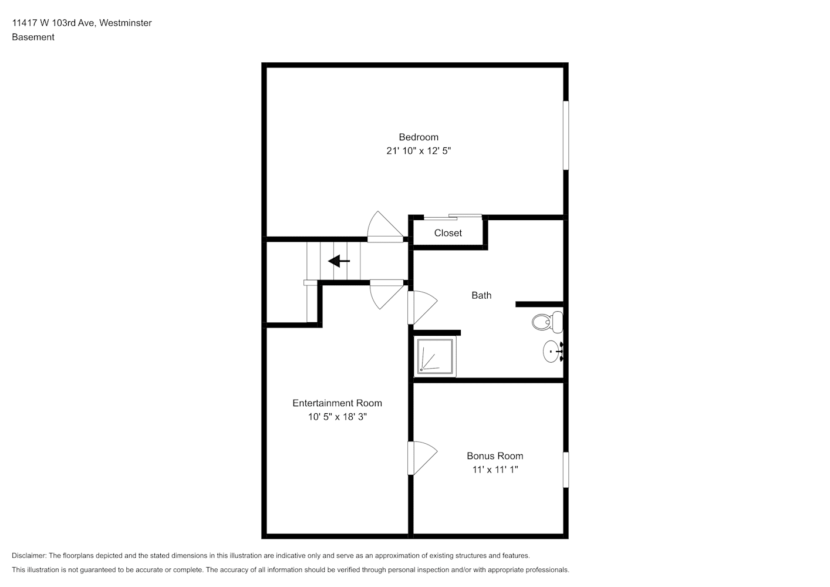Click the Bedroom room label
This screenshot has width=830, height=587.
point(419,137)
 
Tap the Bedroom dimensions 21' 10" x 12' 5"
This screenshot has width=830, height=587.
point(419,151)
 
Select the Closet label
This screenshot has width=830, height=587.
point(448,232)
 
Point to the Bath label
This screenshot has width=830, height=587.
point(481,295)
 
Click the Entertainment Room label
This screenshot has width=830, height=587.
point(337,403)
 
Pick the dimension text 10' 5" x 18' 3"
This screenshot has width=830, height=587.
point(337,417)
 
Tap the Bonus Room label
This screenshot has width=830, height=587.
point(495,456)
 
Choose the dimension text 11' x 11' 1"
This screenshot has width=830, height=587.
point(495,470)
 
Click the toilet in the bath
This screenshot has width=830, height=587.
point(547,322)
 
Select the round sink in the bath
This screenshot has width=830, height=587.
point(553,351)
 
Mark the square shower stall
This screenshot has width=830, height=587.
point(435,356)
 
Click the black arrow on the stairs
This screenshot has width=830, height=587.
point(339,261)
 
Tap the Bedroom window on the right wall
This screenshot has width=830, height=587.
point(566,135)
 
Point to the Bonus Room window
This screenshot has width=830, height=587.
point(566,469)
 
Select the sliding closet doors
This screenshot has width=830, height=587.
point(453,217)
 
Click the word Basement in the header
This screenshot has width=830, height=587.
point(33,37)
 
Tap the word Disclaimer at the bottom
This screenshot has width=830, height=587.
point(29,555)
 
